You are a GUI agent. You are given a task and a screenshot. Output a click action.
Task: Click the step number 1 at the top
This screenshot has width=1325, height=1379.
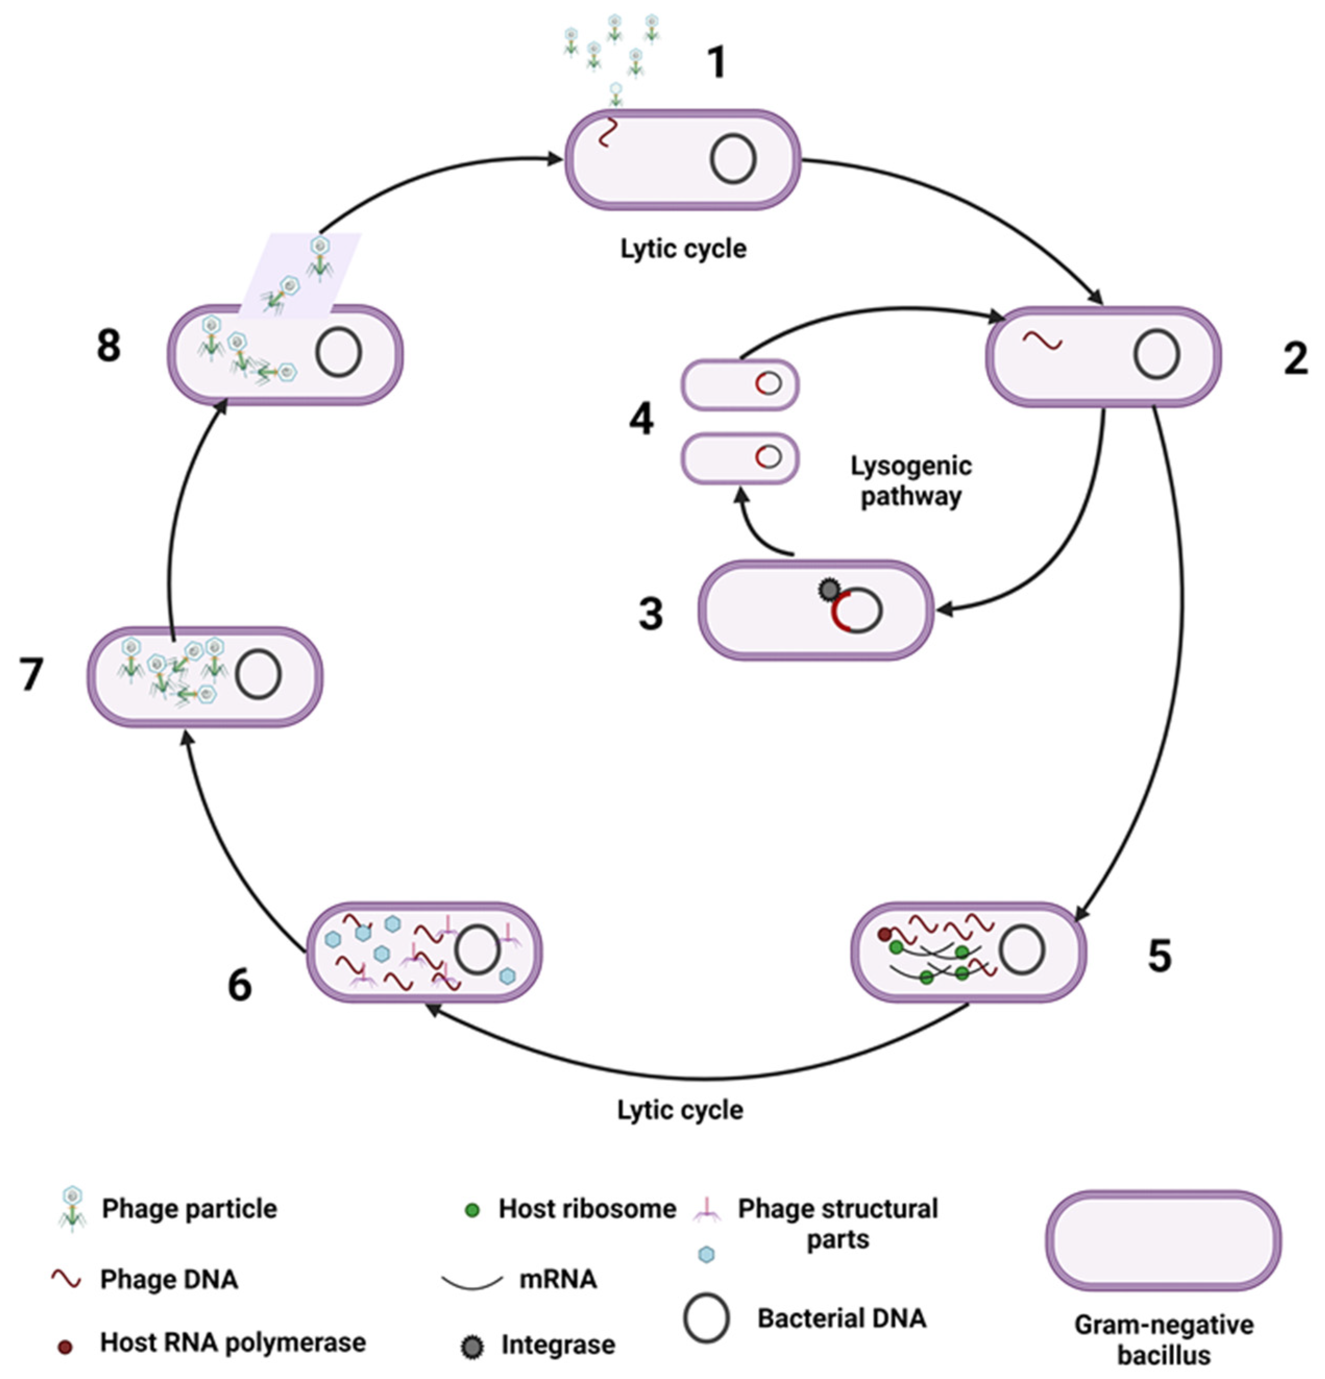pos(716,63)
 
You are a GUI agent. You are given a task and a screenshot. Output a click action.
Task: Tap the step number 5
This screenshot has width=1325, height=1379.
pos(1160,955)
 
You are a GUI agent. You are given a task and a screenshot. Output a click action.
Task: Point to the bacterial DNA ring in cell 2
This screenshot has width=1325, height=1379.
pos(1156,355)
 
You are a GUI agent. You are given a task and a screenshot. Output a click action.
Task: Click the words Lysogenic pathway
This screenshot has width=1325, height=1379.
pos(911,481)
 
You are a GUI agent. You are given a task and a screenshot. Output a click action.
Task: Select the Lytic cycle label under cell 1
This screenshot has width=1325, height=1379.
pos(682,249)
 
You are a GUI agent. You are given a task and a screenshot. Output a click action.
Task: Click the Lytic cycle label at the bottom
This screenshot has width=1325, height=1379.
pos(680,1110)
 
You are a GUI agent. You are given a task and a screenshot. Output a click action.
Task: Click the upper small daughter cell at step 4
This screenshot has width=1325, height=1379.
pos(740,384)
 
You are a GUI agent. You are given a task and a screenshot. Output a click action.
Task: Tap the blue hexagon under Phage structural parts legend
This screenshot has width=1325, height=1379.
pos(706,1254)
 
